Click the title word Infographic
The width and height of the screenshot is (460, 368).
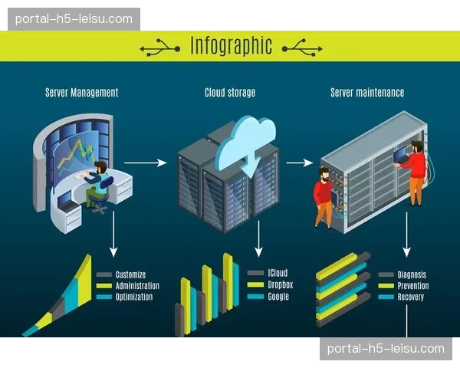[231, 46]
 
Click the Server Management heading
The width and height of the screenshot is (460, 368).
[82, 93]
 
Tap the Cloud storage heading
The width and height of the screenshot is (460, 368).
[230, 93]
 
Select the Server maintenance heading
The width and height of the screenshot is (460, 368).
[367, 93]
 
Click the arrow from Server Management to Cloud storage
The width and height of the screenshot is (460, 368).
[145, 163]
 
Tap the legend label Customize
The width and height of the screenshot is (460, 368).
[130, 274]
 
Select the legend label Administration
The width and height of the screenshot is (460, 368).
[137, 285]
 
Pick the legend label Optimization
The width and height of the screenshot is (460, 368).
[134, 297]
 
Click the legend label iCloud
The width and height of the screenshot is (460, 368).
[278, 273]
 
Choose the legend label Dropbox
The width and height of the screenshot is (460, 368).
[280, 284]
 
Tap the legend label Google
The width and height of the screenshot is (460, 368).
[278, 296]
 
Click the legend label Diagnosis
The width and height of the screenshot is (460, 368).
[412, 274]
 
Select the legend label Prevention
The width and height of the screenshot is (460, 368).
[413, 285]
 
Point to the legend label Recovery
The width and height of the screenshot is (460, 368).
[411, 297]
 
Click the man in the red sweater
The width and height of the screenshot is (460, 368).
[324, 196]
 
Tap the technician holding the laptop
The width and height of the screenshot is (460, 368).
[414, 171]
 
